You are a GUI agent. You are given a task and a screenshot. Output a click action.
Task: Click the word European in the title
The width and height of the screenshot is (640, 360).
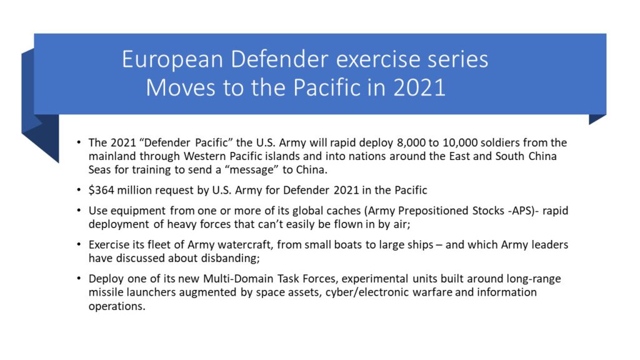pos(172,59)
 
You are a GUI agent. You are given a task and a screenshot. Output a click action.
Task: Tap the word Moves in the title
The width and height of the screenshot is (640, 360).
pos(181,87)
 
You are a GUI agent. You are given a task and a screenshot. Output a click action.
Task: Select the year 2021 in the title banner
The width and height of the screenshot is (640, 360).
pos(419,87)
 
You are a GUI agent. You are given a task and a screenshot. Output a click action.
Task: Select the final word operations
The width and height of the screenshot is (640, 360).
pos(117,306)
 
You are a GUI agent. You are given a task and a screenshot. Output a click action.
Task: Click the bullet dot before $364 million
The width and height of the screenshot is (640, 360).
pos(78,190)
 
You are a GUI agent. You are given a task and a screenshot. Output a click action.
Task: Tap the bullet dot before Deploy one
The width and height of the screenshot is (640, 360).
pos(78,279)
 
